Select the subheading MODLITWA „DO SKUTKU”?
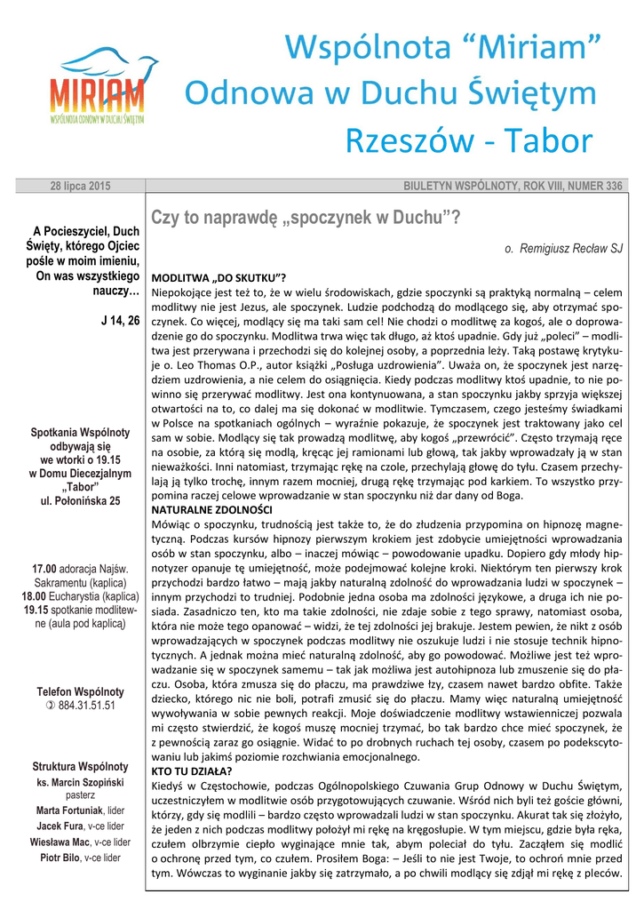(x=219, y=277)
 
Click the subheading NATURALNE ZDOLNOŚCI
(x=212, y=510)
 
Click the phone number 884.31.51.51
(x=86, y=706)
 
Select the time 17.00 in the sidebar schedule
(x=44, y=569)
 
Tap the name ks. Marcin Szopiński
(x=80, y=781)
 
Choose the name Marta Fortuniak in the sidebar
(x=69, y=810)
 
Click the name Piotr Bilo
(x=60, y=858)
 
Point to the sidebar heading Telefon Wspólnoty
(x=80, y=691)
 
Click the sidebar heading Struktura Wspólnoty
(x=80, y=766)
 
